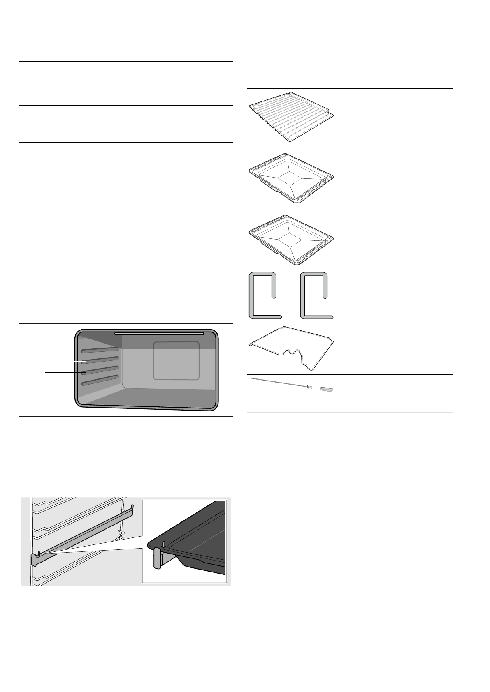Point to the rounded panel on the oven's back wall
click(176, 360)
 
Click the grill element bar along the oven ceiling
click(159, 333)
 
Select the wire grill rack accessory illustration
click(290, 118)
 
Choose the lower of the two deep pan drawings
click(290, 240)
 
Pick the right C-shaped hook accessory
click(316, 296)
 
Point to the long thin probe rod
click(280, 383)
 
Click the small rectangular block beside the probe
click(326, 389)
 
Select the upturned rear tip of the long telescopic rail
click(132, 510)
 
